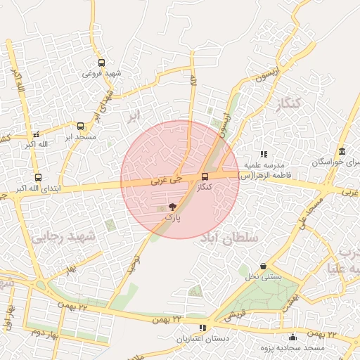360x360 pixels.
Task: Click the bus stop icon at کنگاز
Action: pos(205,176)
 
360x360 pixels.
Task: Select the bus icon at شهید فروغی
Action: pos(102,63)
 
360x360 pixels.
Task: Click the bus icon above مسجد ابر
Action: pos(80,127)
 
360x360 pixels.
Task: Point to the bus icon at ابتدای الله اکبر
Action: pos(38,178)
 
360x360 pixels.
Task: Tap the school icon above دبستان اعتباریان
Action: pos(203,328)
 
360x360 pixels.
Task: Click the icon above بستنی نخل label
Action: pos(263,266)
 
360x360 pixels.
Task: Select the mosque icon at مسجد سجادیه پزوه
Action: pos(292,337)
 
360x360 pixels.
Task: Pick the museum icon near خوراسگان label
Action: pos(342,152)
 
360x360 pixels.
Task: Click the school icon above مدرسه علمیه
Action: pos(264,153)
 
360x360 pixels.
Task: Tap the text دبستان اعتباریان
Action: pos(202,339)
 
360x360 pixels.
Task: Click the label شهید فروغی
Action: pos(103,74)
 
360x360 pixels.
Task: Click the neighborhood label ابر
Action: pos(135,114)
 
